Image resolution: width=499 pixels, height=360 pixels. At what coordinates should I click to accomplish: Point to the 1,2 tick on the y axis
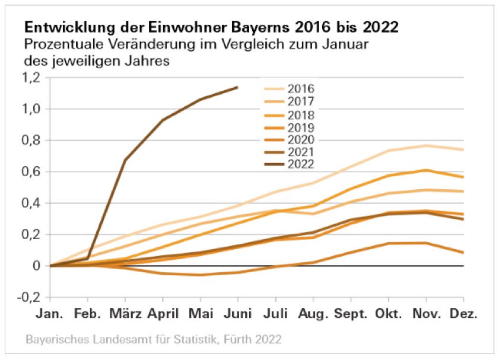click(30, 78)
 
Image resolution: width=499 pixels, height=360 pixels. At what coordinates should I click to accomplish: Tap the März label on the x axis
click(125, 313)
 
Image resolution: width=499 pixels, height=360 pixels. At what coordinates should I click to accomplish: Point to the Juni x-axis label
click(237, 313)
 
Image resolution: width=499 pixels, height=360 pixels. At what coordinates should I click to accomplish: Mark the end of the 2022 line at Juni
click(237, 87)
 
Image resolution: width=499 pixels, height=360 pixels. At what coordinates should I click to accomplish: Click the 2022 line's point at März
click(125, 160)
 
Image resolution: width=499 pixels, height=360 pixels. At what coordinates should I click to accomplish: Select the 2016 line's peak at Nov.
click(426, 145)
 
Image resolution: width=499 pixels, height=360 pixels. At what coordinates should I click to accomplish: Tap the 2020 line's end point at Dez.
click(463, 253)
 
